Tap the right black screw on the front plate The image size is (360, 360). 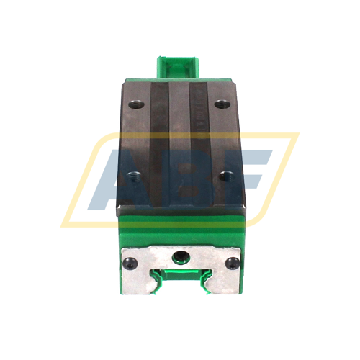[x=231, y=262]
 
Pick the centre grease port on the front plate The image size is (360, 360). [x=180, y=257]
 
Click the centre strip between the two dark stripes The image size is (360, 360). [x=180, y=144]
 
